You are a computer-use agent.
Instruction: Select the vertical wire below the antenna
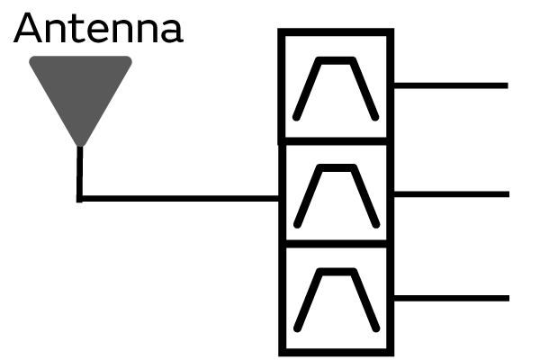[80, 171]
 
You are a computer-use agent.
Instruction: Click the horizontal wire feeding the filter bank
[180, 197]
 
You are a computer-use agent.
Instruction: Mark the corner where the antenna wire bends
[80, 197]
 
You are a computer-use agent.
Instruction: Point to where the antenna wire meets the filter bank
[280, 197]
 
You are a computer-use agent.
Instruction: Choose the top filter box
[334, 86]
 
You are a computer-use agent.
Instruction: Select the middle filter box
[334, 193]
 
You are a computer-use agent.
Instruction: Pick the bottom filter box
[334, 297]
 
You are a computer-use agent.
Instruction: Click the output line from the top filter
[450, 86]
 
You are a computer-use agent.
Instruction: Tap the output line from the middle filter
[450, 193]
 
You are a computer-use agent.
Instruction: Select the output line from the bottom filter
[450, 298]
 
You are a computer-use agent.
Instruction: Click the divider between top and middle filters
[334, 141]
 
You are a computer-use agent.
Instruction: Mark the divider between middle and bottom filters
[334, 245]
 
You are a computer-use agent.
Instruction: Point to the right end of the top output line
[507, 86]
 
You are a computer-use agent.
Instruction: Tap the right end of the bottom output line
[507, 298]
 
